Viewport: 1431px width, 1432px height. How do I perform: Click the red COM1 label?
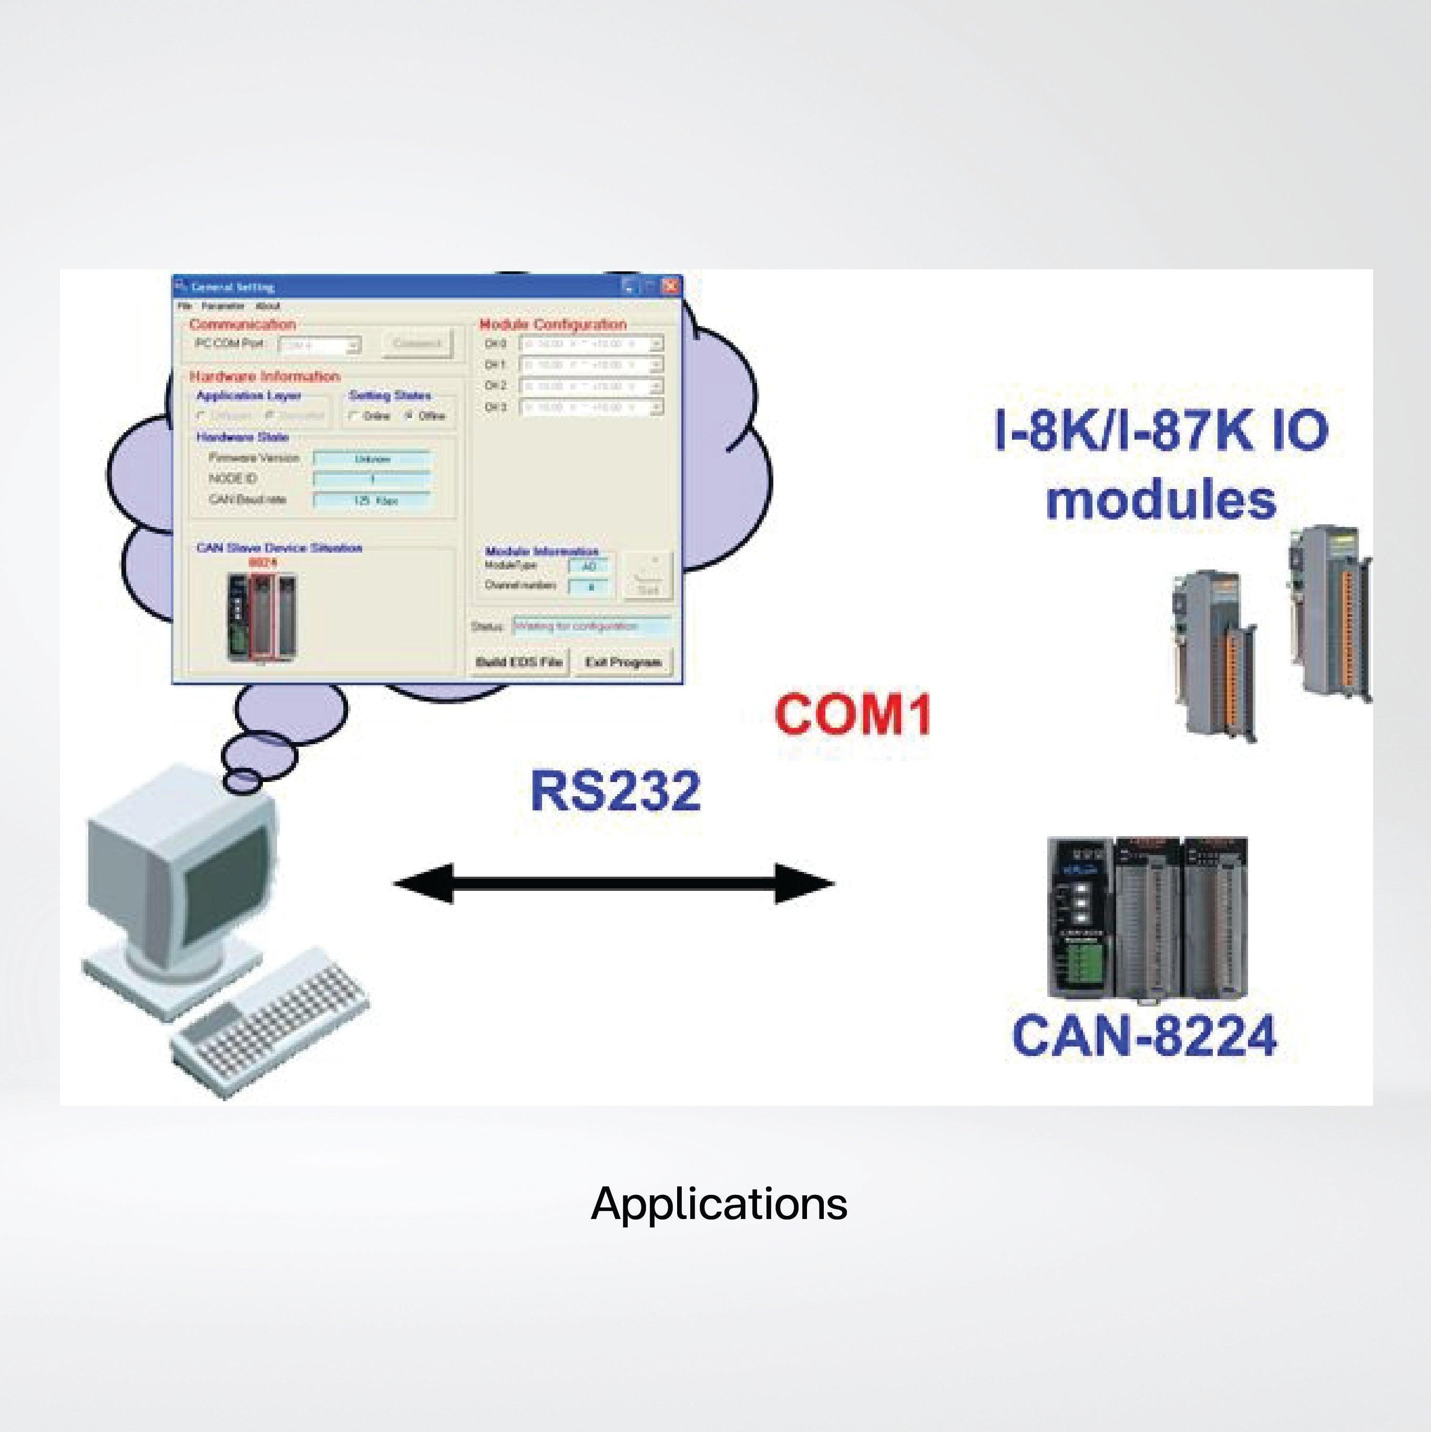pyautogui.click(x=852, y=714)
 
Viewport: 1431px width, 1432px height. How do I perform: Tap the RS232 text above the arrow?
pyautogui.click(x=615, y=791)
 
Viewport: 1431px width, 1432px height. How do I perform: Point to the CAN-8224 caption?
pyautogui.click(x=1144, y=1035)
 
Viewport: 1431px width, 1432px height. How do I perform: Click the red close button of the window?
pyautogui.click(x=671, y=286)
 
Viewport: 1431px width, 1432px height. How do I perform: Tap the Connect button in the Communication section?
pyautogui.click(x=416, y=344)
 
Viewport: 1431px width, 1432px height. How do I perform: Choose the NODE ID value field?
pyautogui.click(x=372, y=480)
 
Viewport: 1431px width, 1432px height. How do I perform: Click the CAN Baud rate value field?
pyautogui.click(x=372, y=500)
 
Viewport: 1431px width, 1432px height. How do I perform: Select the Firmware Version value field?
pyautogui.click(x=372, y=459)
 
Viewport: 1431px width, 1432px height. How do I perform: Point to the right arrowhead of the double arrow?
pyautogui.click(x=804, y=883)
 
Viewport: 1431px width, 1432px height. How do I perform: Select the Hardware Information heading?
pyautogui.click(x=264, y=377)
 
